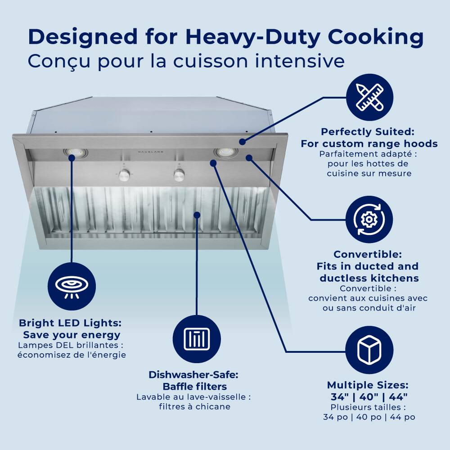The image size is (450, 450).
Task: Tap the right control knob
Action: pyautogui.click(x=179, y=175)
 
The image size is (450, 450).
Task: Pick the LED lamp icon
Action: pyautogui.click(x=72, y=286)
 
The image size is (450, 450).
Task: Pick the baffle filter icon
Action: pyautogui.click(x=197, y=338)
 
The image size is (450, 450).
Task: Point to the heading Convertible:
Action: pyautogui.click(x=368, y=255)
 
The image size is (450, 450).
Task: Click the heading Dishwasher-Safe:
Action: pyautogui.click(x=193, y=375)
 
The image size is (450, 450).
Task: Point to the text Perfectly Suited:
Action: pyautogui.click(x=367, y=132)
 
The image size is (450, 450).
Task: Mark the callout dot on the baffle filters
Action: pyautogui.click(x=197, y=215)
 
